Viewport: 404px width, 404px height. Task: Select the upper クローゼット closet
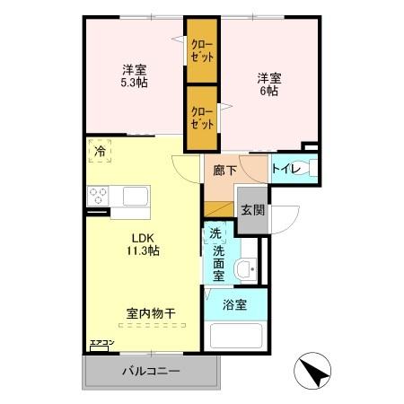point(201,50)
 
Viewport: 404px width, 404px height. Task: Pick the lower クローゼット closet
point(201,118)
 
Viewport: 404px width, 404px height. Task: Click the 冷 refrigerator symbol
point(100,152)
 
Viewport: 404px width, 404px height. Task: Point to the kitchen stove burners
point(98,196)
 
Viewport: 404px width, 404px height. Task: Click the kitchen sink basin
point(136,196)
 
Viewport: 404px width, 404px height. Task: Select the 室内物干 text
point(150,313)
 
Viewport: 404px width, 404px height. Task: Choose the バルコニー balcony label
point(150,372)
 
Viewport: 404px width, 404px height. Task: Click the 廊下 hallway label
point(224,169)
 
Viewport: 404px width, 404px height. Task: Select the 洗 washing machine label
point(215,233)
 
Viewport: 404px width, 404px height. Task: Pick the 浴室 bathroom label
point(236,304)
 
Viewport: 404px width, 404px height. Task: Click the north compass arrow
point(310,371)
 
